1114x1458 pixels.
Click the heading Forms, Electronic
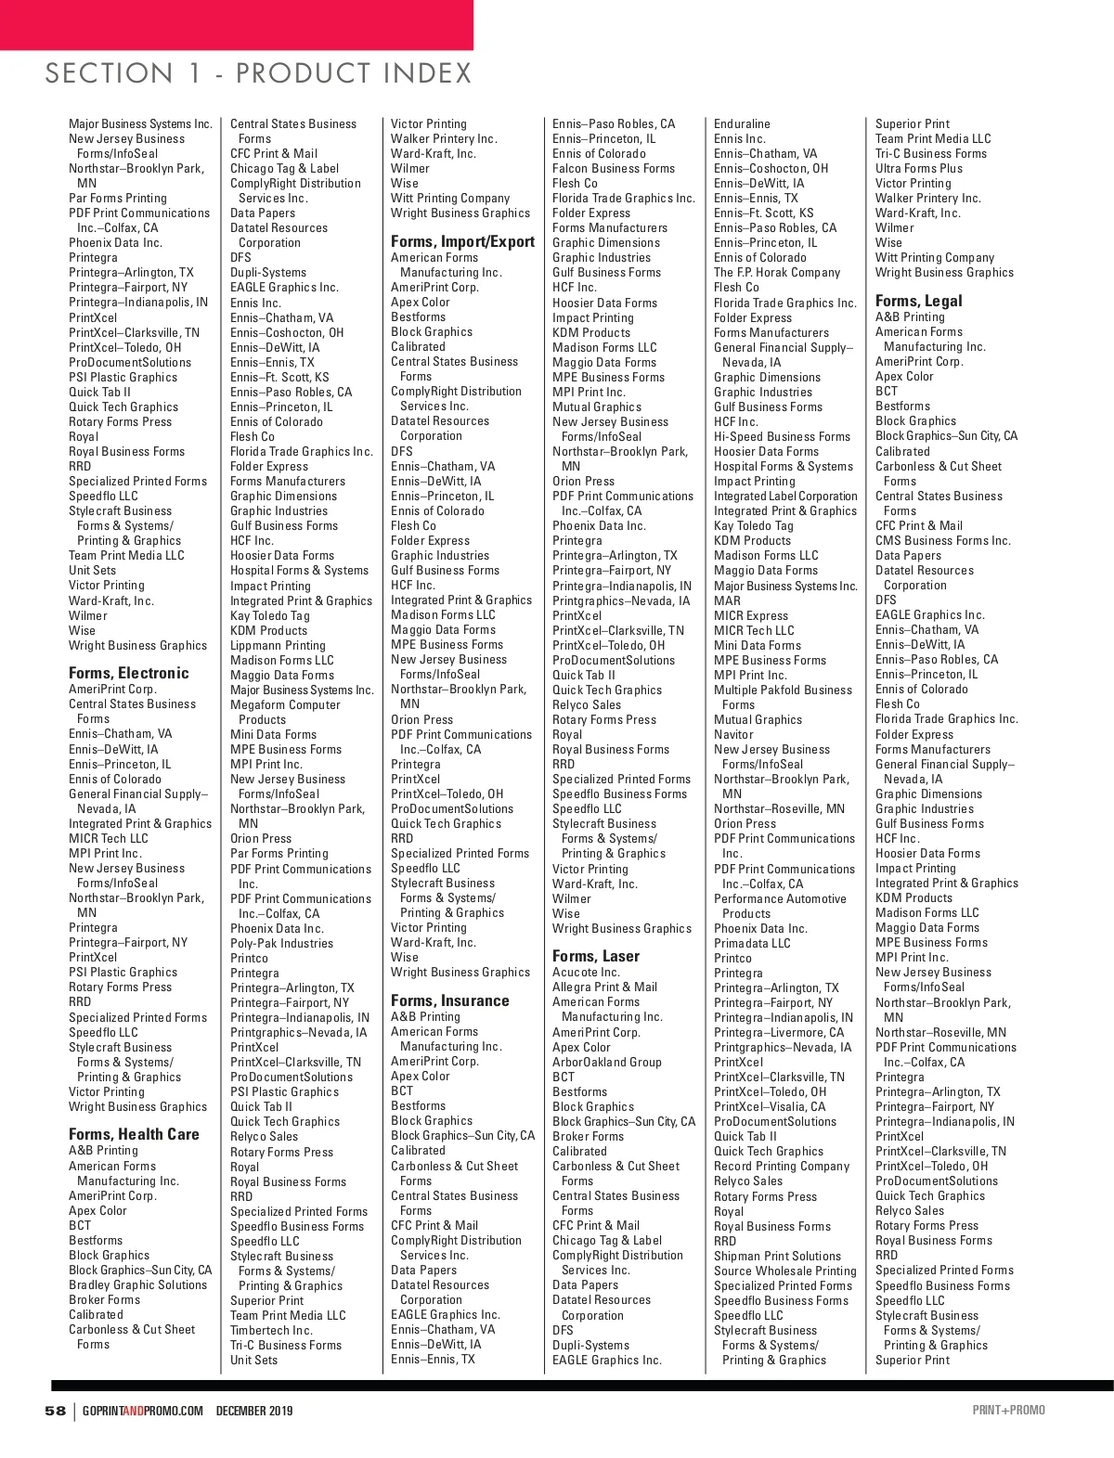(x=128, y=673)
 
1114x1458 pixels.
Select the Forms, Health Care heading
(x=134, y=1134)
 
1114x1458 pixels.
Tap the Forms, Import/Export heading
(x=462, y=241)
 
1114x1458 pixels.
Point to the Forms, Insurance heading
(x=449, y=1000)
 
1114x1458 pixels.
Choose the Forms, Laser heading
(x=595, y=956)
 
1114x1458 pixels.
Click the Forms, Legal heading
(x=918, y=301)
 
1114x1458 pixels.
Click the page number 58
(x=56, y=1411)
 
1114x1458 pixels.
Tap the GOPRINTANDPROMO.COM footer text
(x=142, y=1411)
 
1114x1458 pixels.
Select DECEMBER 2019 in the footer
(x=254, y=1411)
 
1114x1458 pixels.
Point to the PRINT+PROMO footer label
(x=1008, y=1411)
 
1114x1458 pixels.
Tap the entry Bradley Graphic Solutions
(x=137, y=1284)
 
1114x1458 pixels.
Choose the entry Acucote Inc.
(x=586, y=972)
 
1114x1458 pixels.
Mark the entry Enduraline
(x=742, y=123)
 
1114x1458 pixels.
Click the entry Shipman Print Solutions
(x=777, y=1256)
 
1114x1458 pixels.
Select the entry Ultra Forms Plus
(x=918, y=168)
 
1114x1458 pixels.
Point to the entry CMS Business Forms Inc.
(x=942, y=540)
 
